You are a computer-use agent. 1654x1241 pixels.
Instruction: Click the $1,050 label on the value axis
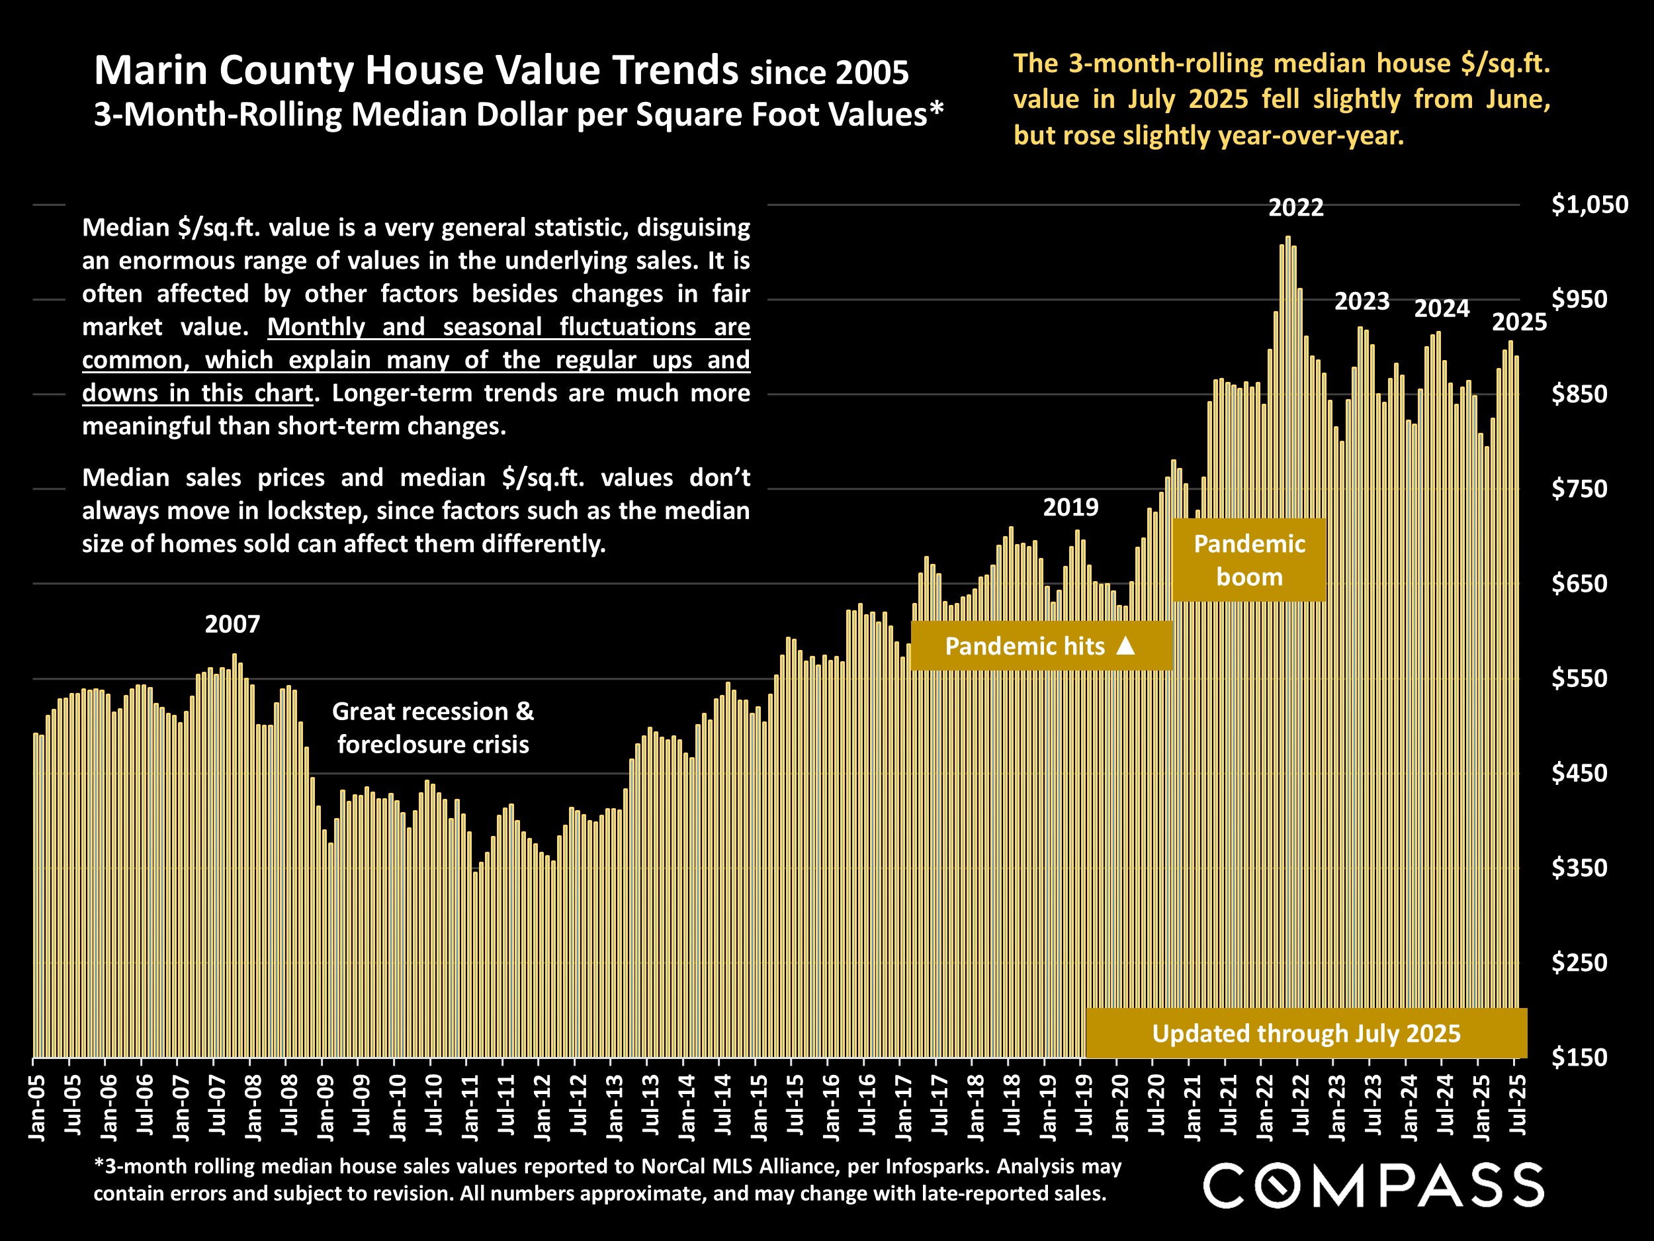1589,205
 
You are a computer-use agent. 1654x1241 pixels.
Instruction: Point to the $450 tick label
1579,772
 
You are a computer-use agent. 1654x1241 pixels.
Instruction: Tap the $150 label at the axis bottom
1579,1057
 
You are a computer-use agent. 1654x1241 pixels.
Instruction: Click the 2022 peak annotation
1296,207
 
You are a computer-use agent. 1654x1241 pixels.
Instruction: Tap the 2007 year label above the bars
232,624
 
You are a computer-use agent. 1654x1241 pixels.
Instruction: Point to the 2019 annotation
1070,507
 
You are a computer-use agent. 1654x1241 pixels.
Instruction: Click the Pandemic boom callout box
1248,559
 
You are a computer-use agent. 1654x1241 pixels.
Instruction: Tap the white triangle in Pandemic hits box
1125,645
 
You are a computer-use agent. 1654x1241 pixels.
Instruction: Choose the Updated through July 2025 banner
1305,1033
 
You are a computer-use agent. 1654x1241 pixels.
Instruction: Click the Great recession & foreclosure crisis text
433,727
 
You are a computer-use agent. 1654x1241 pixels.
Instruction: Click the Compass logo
1373,1185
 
